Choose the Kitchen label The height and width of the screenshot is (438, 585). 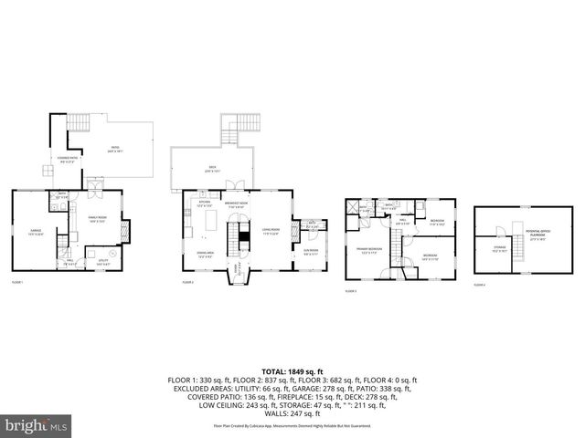pos(205,204)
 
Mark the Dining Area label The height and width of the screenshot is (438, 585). pos(205,255)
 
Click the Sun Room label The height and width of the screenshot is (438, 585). pos(311,253)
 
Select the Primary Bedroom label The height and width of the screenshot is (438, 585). pos(368,251)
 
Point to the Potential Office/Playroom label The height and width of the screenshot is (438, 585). pos(547,238)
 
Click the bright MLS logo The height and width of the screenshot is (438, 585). pos(37,424)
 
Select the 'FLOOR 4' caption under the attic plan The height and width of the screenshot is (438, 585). pos(480,285)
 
